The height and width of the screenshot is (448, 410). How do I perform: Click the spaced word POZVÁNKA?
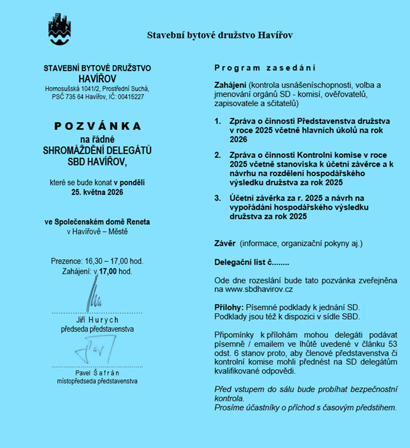[97, 125]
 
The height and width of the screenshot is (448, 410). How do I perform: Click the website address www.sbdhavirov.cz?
[254, 290]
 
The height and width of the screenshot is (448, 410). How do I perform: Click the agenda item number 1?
[217, 121]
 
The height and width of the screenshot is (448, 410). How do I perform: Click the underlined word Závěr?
[225, 243]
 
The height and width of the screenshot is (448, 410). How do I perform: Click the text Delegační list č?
[244, 261]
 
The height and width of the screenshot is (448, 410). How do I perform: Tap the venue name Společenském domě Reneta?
[97, 222]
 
